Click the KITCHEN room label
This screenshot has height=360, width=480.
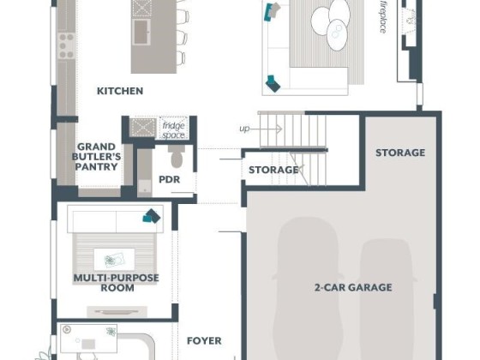coord(120,91)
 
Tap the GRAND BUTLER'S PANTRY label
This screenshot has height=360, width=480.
coord(96,157)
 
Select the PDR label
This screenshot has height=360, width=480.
coord(170,179)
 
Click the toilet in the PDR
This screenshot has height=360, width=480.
coord(177,156)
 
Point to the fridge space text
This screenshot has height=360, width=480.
coord(173,130)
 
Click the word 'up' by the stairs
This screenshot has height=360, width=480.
coord(244,129)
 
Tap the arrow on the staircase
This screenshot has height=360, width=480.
coord(266,129)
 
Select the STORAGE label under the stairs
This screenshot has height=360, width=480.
coord(273,170)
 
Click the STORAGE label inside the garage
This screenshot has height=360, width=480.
coord(400,153)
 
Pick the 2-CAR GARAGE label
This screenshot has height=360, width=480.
coord(353,287)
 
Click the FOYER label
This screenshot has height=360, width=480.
coord(204,341)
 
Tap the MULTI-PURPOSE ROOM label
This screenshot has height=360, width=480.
coord(117,283)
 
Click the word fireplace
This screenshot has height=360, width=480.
coord(383,17)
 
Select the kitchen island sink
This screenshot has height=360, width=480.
coord(141,33)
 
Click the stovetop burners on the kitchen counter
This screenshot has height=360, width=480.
coord(67,46)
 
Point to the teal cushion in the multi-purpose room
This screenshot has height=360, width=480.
coord(152,216)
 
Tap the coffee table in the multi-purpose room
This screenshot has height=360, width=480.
coord(114,260)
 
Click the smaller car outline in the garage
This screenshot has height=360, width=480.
coord(387,298)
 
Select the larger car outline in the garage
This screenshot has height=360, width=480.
coord(306,288)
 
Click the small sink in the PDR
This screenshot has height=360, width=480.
coord(145,187)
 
